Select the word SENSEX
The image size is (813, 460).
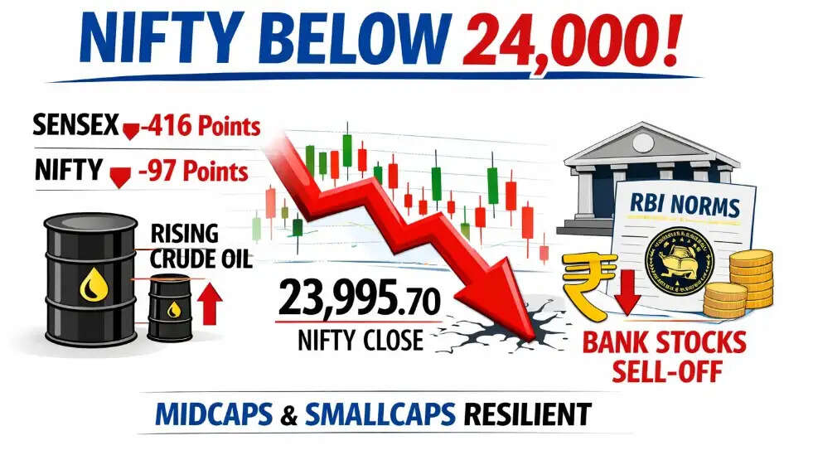[73, 128]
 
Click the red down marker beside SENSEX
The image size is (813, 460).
[129, 131]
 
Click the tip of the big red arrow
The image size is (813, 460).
[530, 335]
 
